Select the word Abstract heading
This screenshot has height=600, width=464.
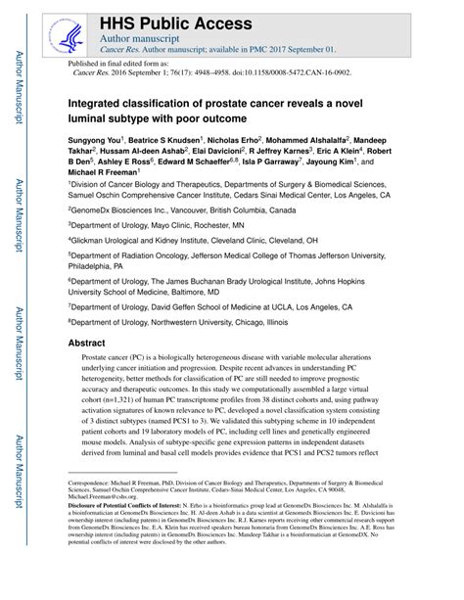coord(88,345)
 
